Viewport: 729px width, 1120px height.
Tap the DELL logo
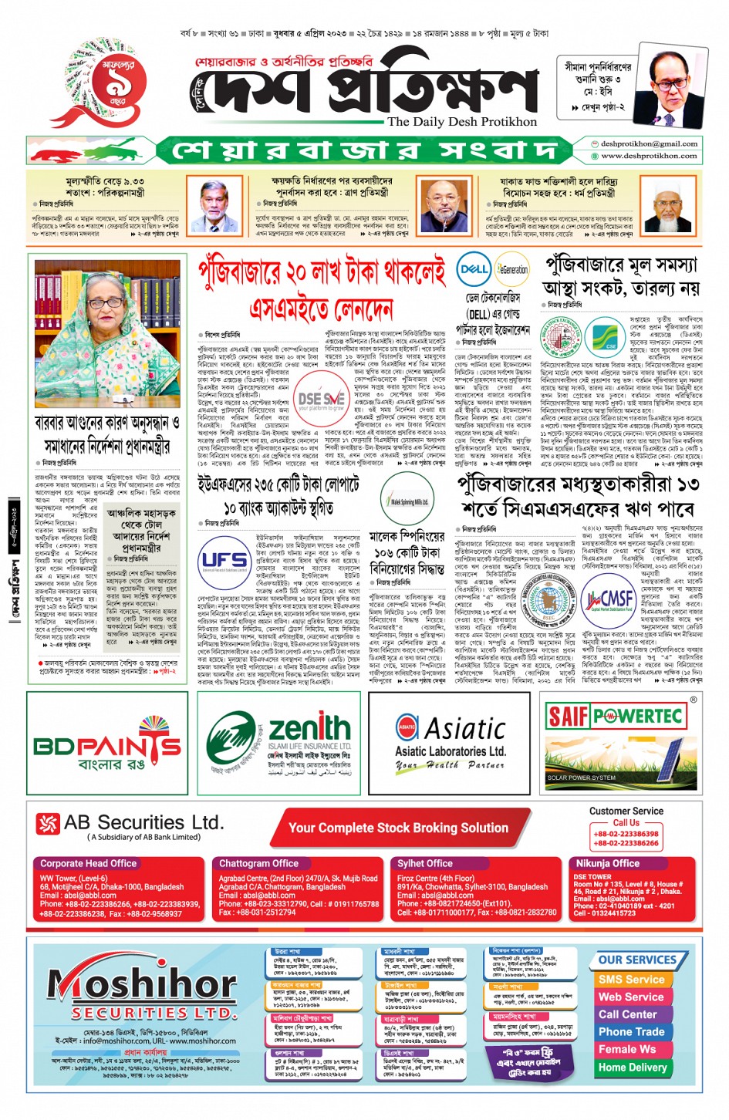point(473,269)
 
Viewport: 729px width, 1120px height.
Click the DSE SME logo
point(321,400)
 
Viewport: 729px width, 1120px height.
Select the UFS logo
point(224,561)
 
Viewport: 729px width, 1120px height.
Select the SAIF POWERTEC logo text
point(614,717)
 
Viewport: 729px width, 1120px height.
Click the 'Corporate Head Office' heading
point(88,863)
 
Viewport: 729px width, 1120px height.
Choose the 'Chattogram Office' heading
point(258,863)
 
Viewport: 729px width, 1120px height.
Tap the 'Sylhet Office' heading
point(424,863)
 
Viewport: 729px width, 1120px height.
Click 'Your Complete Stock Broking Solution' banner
point(398,828)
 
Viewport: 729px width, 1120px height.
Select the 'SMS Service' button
point(631,979)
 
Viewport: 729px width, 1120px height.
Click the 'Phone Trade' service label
point(631,1031)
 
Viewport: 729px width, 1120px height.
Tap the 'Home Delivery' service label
point(633,1068)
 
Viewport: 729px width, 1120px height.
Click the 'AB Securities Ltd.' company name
point(143,822)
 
